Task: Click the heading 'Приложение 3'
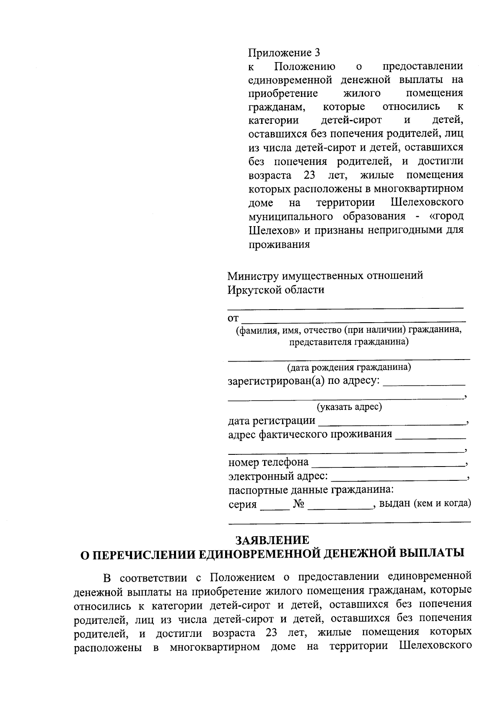click(x=284, y=53)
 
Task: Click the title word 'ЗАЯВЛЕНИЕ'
click(x=272, y=540)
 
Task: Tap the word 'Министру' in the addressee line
click(x=253, y=276)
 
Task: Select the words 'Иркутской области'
click(x=276, y=290)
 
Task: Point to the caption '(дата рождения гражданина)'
click(x=349, y=368)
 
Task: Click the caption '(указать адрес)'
click(x=349, y=407)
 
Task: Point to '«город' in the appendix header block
click(x=446, y=216)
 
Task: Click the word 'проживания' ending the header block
click(x=279, y=244)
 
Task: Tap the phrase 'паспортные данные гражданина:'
click(x=311, y=490)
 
